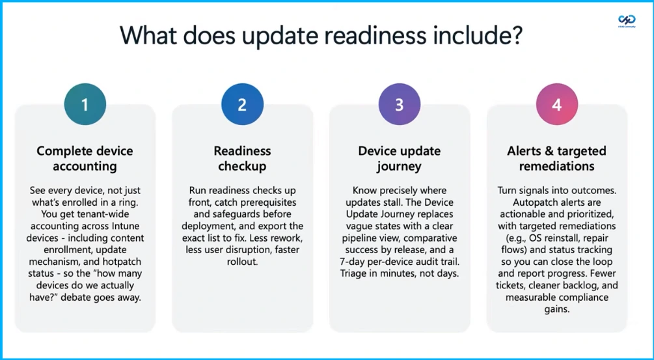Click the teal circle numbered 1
tap(84, 104)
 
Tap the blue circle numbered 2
tap(241, 104)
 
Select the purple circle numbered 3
tap(399, 104)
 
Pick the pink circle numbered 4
tap(556, 104)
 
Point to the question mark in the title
tap(516, 35)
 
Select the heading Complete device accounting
tap(85, 158)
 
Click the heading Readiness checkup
tap(242, 158)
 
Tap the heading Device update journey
tap(400, 158)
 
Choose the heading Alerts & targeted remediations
tap(556, 158)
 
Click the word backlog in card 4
tap(579, 284)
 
